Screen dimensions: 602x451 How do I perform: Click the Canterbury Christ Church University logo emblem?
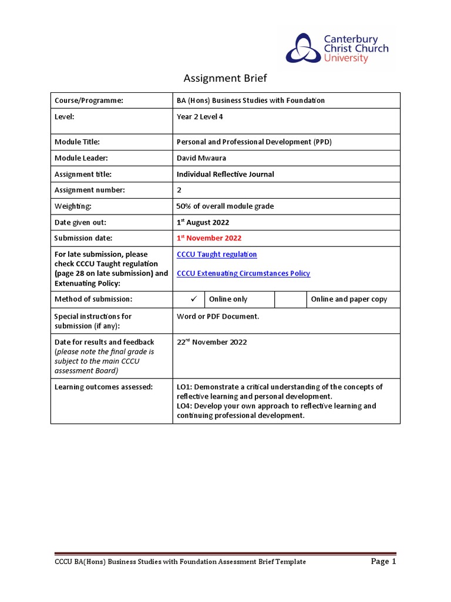point(304,48)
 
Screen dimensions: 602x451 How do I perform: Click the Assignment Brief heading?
point(225,78)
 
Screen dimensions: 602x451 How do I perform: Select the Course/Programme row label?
point(89,101)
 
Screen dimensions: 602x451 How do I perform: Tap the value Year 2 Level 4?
point(200,116)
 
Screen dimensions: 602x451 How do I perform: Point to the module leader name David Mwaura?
point(201,158)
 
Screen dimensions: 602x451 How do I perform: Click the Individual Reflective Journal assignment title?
point(225,174)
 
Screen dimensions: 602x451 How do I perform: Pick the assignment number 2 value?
point(179,190)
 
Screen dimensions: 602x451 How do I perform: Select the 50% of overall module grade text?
point(225,206)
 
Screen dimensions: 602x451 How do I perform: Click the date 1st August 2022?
point(203,222)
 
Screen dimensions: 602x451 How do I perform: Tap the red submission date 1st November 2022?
point(209,238)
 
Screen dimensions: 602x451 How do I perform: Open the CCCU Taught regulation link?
point(217,255)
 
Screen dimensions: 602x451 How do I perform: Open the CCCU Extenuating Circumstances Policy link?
point(243,273)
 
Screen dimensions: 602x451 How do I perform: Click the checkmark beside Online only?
point(189,299)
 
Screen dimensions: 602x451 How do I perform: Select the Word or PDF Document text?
point(218,316)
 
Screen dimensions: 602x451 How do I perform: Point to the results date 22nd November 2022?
point(212,342)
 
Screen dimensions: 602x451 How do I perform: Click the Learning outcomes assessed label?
point(103,387)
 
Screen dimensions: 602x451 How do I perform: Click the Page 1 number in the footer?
point(383,561)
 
